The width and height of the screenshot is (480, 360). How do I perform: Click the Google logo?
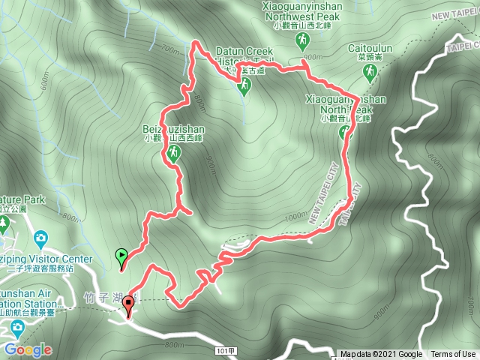click(27, 349)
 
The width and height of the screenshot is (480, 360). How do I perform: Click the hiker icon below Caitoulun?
click(369, 72)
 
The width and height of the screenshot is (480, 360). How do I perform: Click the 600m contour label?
click(45, 83)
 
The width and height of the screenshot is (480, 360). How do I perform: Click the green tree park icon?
click(4, 223)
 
